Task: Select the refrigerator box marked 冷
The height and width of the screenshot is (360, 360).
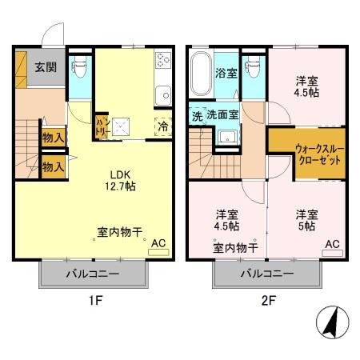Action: coord(163,126)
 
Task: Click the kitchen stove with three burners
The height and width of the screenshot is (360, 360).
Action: coord(163,61)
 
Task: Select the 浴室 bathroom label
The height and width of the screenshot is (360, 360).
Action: coord(226,74)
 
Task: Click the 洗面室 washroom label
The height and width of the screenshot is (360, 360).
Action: coord(222,115)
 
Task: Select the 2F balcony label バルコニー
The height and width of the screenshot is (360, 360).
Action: coord(268,274)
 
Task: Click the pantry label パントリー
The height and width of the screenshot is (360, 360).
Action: coord(102,126)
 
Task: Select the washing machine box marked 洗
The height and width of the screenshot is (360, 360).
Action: coord(196,115)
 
